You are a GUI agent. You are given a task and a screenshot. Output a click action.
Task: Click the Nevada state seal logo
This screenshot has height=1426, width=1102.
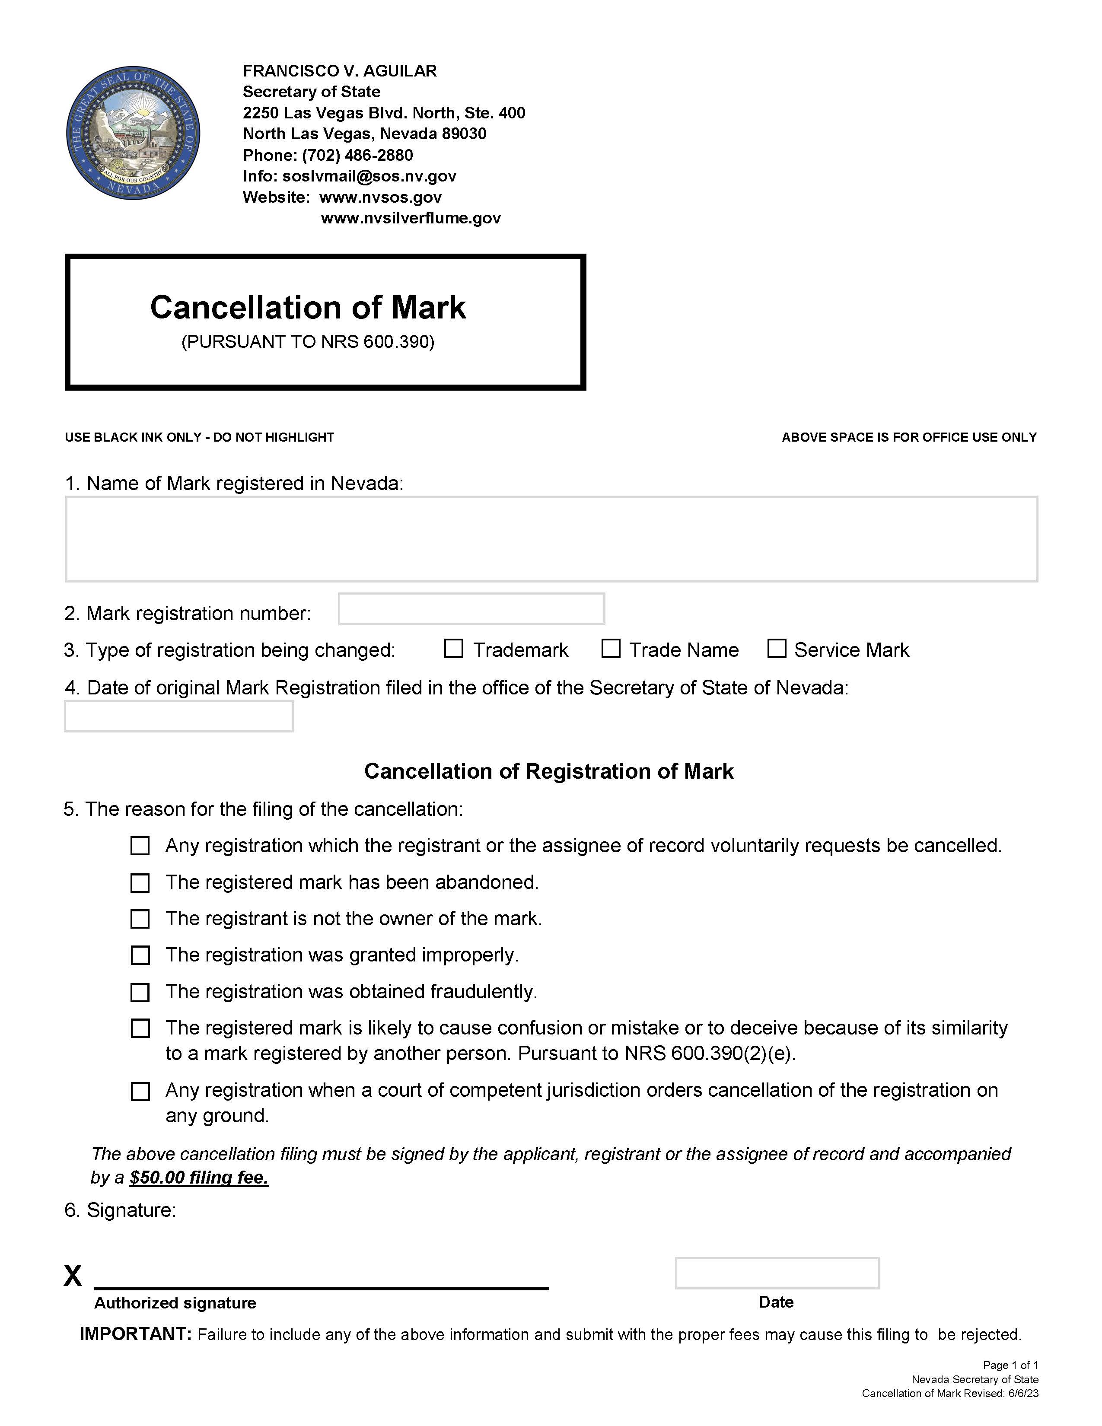click(x=133, y=133)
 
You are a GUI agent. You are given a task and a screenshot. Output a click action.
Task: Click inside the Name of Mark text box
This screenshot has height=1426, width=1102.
click(x=551, y=539)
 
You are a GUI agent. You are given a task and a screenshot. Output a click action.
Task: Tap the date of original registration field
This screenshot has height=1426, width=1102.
click(x=179, y=716)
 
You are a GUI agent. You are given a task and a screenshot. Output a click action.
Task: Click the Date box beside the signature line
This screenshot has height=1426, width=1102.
click(x=777, y=1273)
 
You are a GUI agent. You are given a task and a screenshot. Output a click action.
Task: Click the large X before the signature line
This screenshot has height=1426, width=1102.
click(x=73, y=1275)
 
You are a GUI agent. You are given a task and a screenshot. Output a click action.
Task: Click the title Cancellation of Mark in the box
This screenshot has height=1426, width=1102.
click(x=308, y=308)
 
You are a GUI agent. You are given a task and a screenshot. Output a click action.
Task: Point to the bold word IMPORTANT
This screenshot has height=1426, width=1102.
click(x=136, y=1334)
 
